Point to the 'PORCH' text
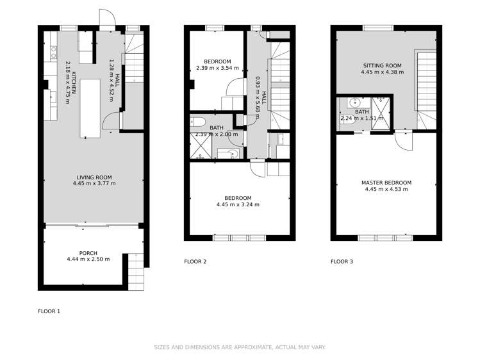(88, 253)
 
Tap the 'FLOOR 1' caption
(49, 311)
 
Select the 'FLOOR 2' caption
(195, 261)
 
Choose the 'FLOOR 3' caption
(342, 261)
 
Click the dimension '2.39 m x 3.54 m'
(217, 67)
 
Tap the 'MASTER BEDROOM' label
(386, 183)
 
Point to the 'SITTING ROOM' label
(382, 65)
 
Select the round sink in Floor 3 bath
(354, 102)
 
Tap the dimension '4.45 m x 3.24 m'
(238, 204)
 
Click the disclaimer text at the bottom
(240, 347)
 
